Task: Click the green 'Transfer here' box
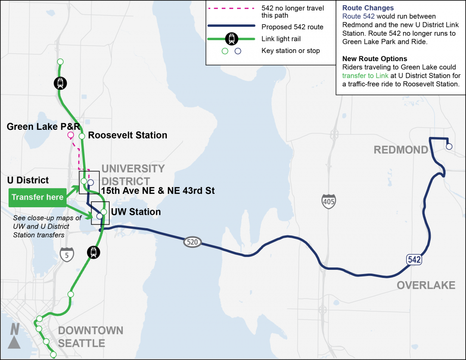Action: [37, 198]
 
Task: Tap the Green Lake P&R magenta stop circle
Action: [71, 136]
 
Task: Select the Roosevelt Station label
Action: [128, 136]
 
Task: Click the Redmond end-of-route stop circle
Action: [449, 147]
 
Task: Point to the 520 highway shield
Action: [192, 243]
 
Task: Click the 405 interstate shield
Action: [328, 201]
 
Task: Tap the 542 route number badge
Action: [414, 260]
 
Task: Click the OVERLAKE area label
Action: [425, 285]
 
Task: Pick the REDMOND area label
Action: [401, 150]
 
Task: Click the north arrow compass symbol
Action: [14, 336]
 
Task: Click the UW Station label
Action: [136, 212]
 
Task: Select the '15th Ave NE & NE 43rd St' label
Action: [158, 191]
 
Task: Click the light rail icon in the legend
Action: [232, 38]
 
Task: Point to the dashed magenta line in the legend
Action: [232, 8]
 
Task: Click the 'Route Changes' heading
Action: [368, 8]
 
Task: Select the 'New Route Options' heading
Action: [375, 59]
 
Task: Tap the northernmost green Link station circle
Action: [60, 62]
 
